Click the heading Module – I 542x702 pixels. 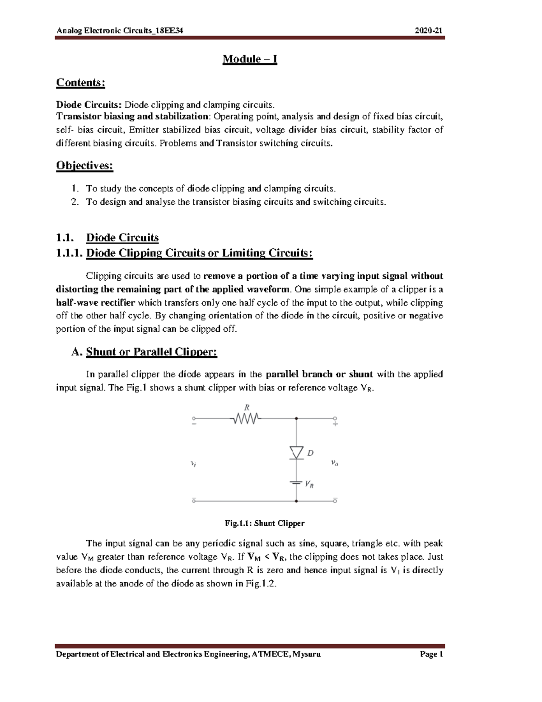tap(249, 59)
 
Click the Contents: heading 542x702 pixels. tap(80, 83)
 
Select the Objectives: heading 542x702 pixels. tap(84, 165)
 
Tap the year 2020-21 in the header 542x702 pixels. tap(429, 31)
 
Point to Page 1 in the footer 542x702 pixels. tap(431, 654)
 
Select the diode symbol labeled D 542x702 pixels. tap(296, 452)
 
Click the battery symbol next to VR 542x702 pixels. tap(296, 483)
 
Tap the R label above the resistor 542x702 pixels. tap(247, 407)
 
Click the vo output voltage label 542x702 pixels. tap(335, 463)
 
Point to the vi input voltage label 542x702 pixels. tap(193, 464)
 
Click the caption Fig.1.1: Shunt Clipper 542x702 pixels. tap(265, 523)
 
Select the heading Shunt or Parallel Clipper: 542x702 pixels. tap(151, 352)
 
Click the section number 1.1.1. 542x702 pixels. tap(69, 253)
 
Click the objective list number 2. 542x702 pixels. tap(75, 202)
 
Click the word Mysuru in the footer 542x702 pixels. tap(307, 654)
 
